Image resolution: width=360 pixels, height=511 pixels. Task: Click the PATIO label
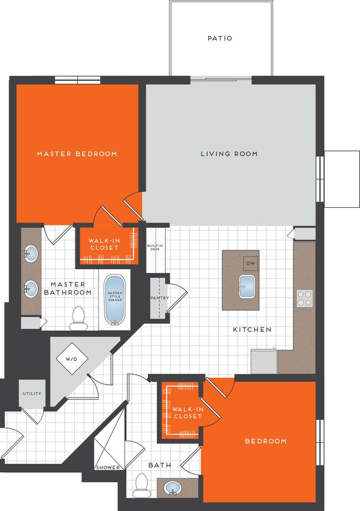point(220,39)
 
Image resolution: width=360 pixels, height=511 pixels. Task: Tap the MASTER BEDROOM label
point(77,154)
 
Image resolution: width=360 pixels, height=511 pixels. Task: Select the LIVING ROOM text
point(229,154)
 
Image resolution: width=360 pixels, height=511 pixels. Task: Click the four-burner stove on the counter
point(305,298)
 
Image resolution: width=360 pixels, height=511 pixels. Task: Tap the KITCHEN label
point(252,329)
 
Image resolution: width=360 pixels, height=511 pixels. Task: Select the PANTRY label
point(160,298)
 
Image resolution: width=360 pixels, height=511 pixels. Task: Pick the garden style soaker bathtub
point(116,299)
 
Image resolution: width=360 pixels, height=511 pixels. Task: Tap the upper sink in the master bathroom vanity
point(31,254)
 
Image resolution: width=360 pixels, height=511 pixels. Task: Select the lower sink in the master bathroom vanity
point(31,288)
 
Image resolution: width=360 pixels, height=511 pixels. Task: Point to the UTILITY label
point(32,394)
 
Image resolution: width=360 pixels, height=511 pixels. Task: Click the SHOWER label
point(108,467)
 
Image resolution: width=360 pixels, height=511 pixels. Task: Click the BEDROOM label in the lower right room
point(266,441)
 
